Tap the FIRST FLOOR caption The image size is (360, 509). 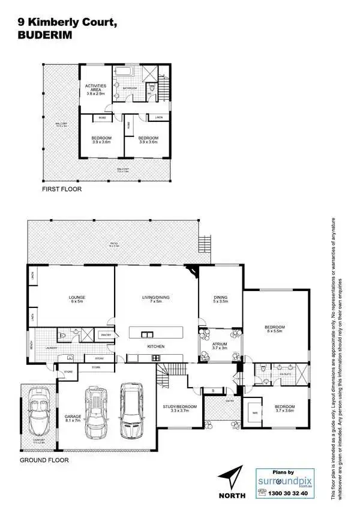(x=61, y=188)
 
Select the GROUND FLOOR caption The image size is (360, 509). (x=44, y=460)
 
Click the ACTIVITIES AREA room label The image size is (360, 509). (x=96, y=90)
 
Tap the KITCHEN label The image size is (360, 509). (x=156, y=347)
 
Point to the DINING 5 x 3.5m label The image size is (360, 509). (x=221, y=300)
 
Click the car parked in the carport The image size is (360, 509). (x=40, y=414)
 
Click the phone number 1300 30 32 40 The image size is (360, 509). (x=286, y=493)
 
